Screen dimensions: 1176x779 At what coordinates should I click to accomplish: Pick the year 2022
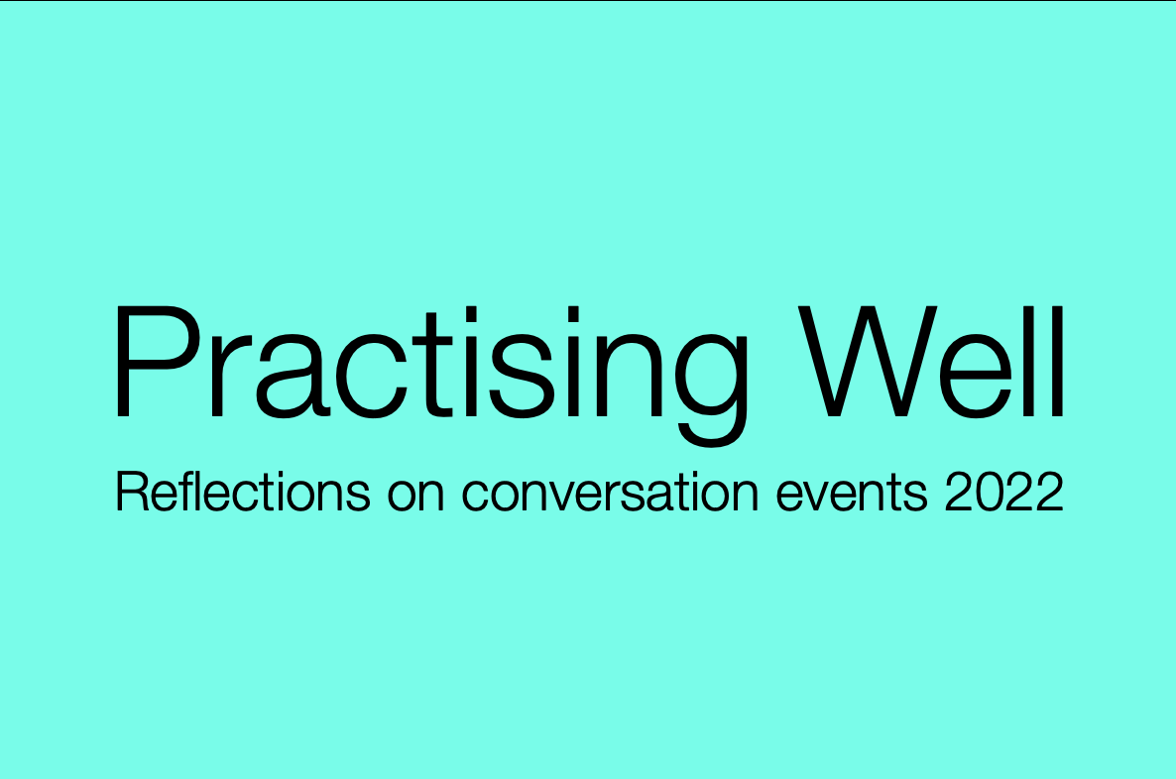click(1003, 493)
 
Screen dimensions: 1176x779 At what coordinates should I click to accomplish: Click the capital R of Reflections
click(130, 493)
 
